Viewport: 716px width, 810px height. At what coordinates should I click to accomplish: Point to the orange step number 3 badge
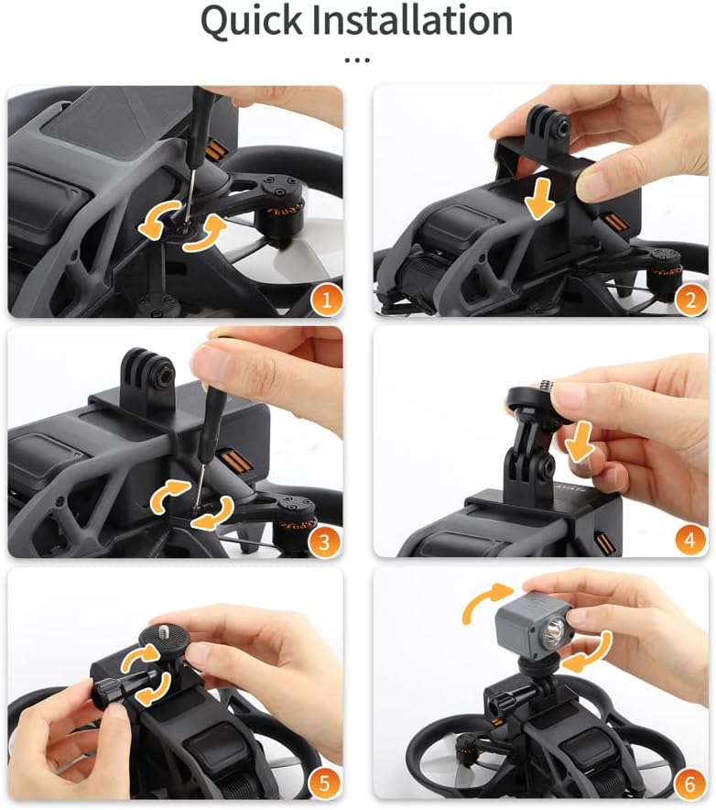[x=321, y=539]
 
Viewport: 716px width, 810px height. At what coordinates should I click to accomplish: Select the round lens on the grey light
[x=554, y=633]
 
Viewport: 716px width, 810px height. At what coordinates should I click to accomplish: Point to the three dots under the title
[x=357, y=60]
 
